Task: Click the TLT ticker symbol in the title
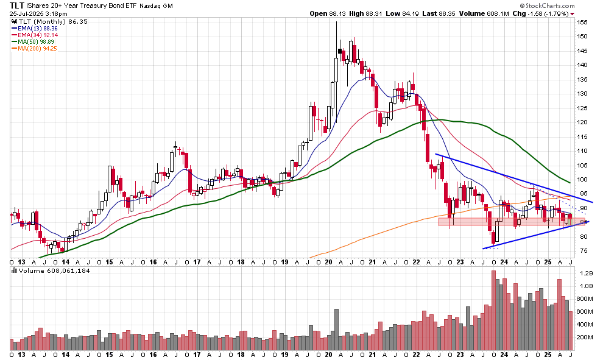(17, 5)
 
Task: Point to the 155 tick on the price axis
(583, 22)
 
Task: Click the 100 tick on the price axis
(583, 179)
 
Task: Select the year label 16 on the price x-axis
(153, 261)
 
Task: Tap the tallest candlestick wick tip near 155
(337, 22)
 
